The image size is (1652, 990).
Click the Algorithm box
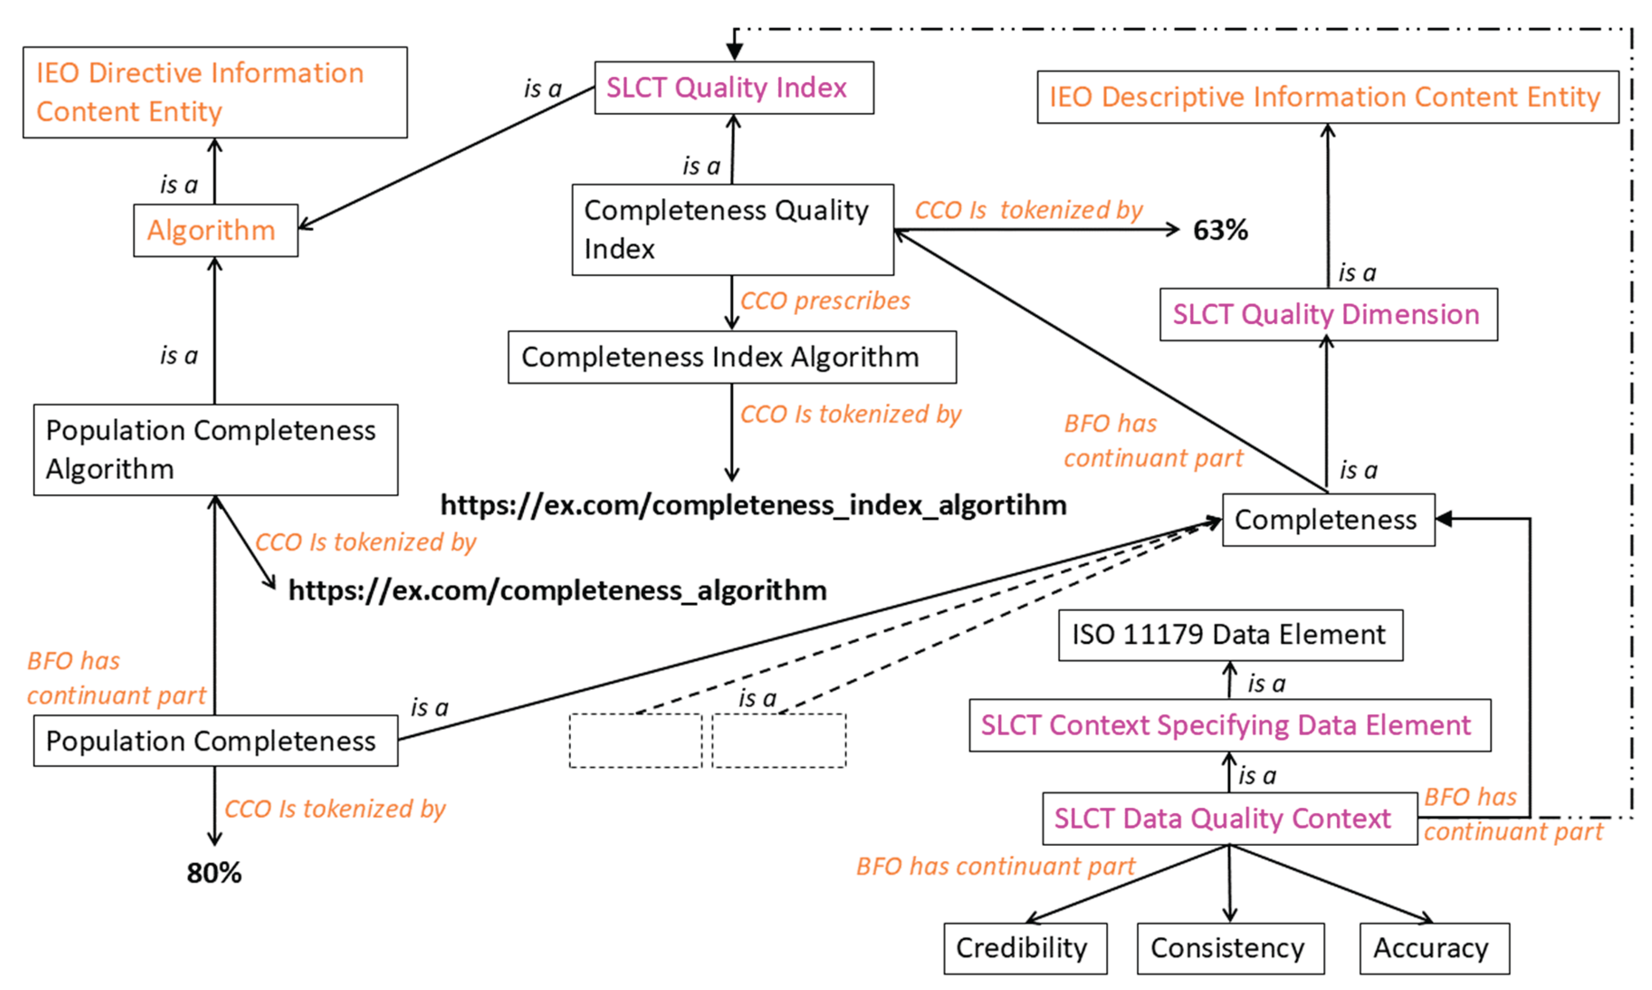[215, 230]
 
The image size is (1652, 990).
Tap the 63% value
[1220, 230]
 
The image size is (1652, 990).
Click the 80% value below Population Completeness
[214, 873]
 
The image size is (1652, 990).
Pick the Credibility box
[1025, 948]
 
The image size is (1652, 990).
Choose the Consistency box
[1230, 948]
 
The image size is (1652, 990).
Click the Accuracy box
[1433, 948]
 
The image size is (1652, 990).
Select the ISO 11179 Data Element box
[1230, 634]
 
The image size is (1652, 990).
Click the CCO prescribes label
[825, 301]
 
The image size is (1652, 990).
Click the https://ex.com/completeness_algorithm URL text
[558, 590]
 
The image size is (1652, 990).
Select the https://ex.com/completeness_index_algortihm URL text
[753, 505]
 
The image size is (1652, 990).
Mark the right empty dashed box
[778, 740]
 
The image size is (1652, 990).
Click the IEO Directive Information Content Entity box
[215, 92]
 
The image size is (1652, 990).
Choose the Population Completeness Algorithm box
[215, 450]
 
